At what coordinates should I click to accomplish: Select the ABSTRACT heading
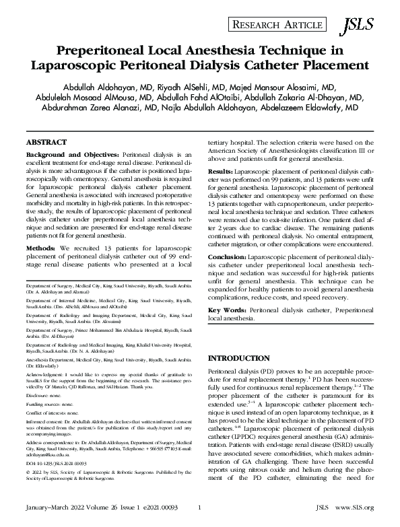(46, 143)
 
